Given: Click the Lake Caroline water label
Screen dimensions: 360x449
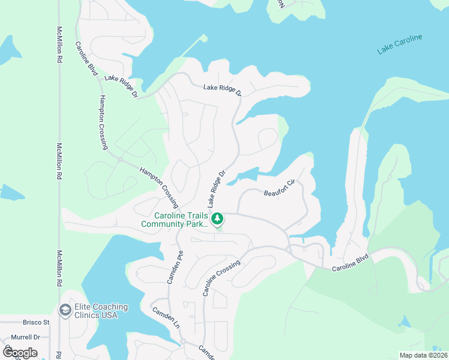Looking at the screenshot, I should click(400, 45).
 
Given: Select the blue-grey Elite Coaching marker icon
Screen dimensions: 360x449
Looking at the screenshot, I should click(64, 310).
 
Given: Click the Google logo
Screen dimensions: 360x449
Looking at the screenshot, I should click(20, 352).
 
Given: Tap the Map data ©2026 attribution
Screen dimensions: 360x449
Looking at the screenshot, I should click(423, 355).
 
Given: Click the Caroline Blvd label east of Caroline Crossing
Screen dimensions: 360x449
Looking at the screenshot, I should click(351, 263).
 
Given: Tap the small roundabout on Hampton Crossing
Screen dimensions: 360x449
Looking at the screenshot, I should click(120, 160).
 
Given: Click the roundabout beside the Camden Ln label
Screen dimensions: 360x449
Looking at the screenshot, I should click(182, 342).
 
